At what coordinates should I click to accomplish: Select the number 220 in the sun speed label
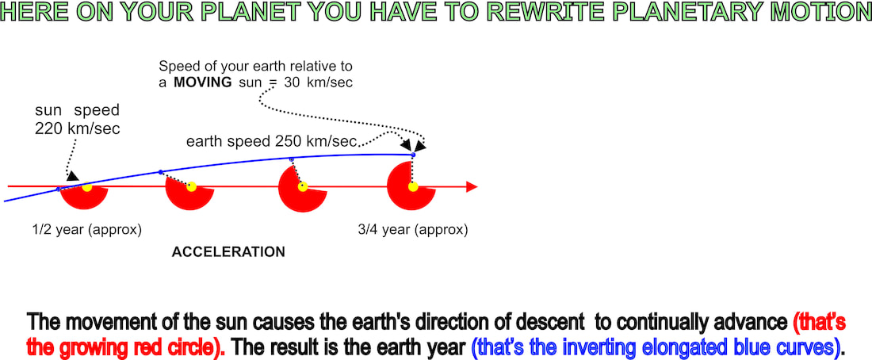(x=48, y=128)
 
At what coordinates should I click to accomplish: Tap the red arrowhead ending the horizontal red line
(x=472, y=187)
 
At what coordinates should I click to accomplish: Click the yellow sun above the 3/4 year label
(x=413, y=187)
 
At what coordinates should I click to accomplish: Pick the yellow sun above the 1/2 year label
(x=86, y=187)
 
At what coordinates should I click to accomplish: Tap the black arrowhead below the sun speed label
(x=73, y=175)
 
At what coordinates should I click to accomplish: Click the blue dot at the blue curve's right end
(x=413, y=155)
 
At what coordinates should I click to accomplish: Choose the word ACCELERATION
(x=228, y=252)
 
